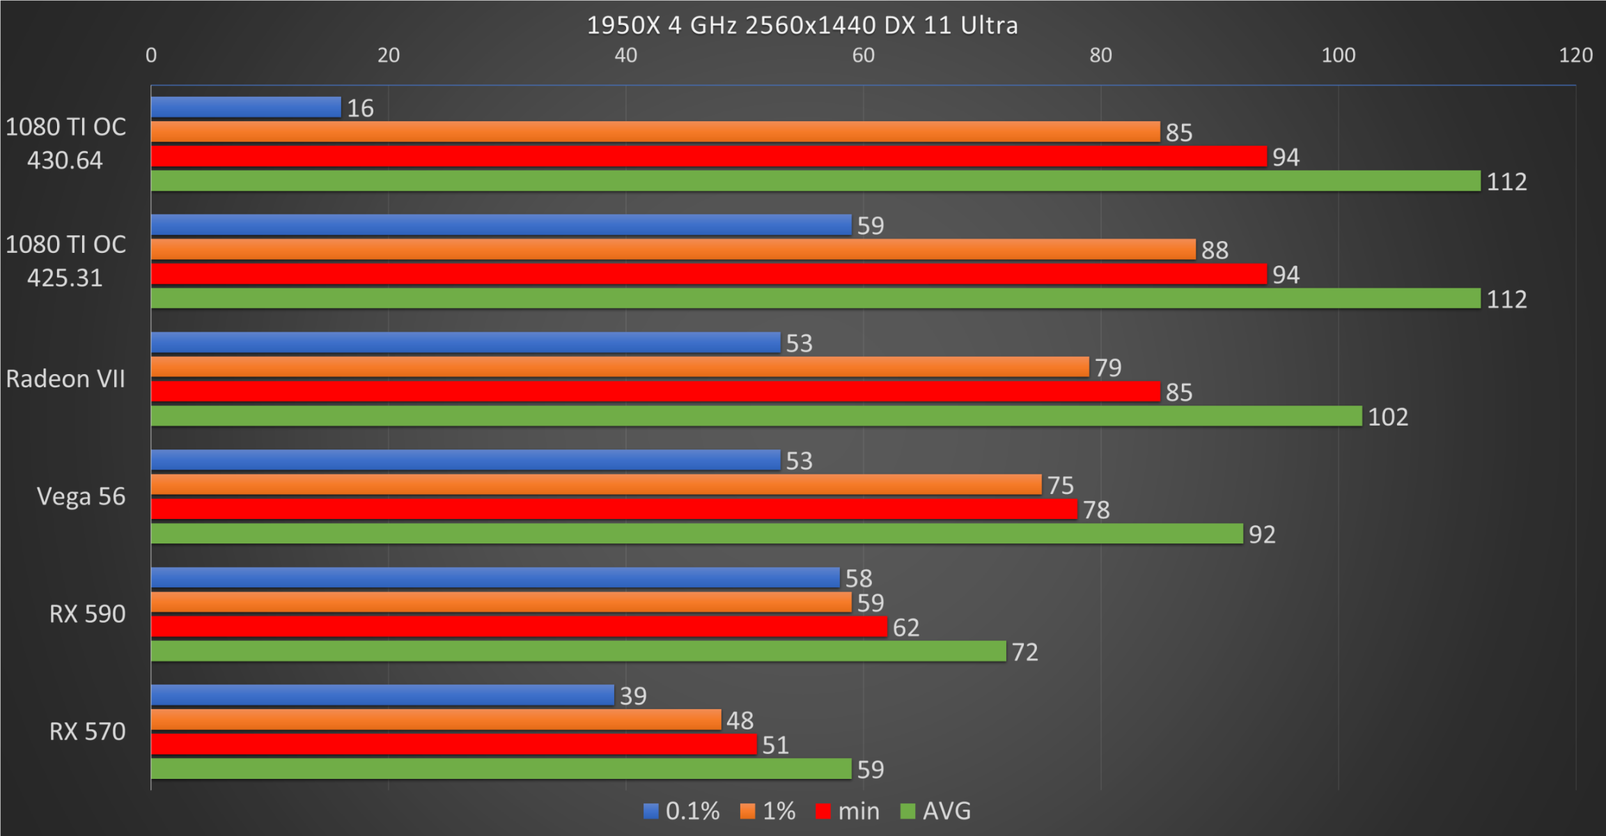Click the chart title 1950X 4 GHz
pyautogui.click(x=802, y=26)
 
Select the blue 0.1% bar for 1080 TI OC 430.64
pyautogui.click(x=246, y=107)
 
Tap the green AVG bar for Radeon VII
pyautogui.click(x=756, y=416)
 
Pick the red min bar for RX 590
pyautogui.click(x=519, y=627)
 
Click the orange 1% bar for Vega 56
pyautogui.click(x=595, y=484)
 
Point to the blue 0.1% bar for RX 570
pyautogui.click(x=382, y=695)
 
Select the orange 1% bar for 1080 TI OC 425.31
pyautogui.click(x=673, y=249)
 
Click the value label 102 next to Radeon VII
pyautogui.click(x=1387, y=417)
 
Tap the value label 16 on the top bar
pyautogui.click(x=360, y=108)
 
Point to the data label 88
pyautogui.click(x=1215, y=250)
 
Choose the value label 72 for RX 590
pyautogui.click(x=1024, y=652)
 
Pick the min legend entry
pyautogui.click(x=848, y=811)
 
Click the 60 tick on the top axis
pyautogui.click(x=863, y=55)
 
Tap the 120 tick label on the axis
pyautogui.click(x=1575, y=55)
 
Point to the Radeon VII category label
pyautogui.click(x=65, y=379)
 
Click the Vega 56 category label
pyautogui.click(x=81, y=497)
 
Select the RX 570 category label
pyautogui.click(x=87, y=731)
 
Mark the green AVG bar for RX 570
pyautogui.click(x=501, y=768)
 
